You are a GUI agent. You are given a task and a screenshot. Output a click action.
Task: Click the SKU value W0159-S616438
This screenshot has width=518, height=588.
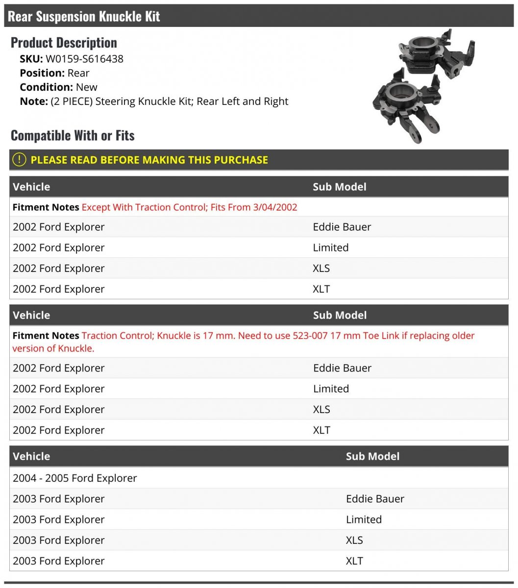84,59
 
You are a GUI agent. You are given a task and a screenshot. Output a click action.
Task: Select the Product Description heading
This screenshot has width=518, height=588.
64,43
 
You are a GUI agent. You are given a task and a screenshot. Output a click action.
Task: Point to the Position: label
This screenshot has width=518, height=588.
42,73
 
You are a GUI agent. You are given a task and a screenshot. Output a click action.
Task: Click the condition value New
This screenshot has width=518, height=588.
87,87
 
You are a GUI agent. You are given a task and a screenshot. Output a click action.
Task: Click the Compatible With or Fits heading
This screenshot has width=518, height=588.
73,135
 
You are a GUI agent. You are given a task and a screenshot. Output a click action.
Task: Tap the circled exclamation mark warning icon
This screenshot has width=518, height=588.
19,160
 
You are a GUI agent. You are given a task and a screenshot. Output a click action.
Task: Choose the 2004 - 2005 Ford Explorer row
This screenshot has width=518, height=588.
75,478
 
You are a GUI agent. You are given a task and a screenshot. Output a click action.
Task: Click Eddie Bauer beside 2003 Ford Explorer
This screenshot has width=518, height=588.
375,499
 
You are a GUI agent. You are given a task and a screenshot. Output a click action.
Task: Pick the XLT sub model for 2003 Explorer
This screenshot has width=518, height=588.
354,561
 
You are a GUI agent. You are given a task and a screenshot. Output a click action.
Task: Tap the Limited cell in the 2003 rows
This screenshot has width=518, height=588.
364,519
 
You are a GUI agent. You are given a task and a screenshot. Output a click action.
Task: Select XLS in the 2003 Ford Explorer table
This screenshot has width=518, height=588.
354,540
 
